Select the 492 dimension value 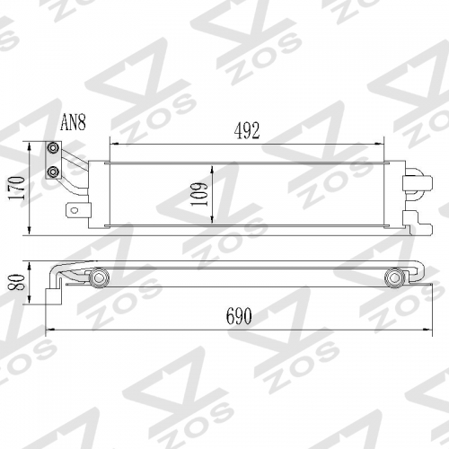pos(247,131)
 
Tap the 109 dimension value pos(199,194)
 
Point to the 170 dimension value pos(16,189)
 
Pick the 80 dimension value pos(16,282)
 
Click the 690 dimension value pos(239,316)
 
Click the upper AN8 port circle pos(54,148)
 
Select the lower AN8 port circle pos(54,172)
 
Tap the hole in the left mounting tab pos(75,210)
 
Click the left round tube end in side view pos(98,278)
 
